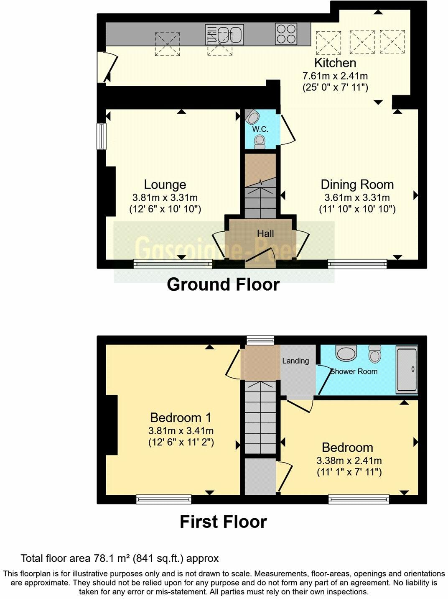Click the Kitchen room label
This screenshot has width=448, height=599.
coord(335,63)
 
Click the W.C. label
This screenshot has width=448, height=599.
coord(260,129)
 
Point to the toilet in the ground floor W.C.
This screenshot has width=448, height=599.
coord(260,141)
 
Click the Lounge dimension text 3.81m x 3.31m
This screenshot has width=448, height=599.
coord(165,197)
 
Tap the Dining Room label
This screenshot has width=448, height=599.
coord(357,184)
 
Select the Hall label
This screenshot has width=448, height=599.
coord(265,233)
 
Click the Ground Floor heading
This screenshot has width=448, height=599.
coord(223,284)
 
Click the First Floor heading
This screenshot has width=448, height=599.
coord(223,522)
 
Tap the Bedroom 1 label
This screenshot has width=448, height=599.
coord(181,417)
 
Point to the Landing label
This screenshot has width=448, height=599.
coord(295,361)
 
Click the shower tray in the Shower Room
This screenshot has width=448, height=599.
coord(407,369)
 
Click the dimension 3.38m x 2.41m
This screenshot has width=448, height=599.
coord(349,461)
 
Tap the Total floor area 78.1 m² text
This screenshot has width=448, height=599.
coord(120,558)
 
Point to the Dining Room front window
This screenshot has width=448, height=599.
coord(357,264)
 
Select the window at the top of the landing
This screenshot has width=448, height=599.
coord(260,340)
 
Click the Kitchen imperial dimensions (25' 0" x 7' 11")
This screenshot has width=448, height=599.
coord(335,87)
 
